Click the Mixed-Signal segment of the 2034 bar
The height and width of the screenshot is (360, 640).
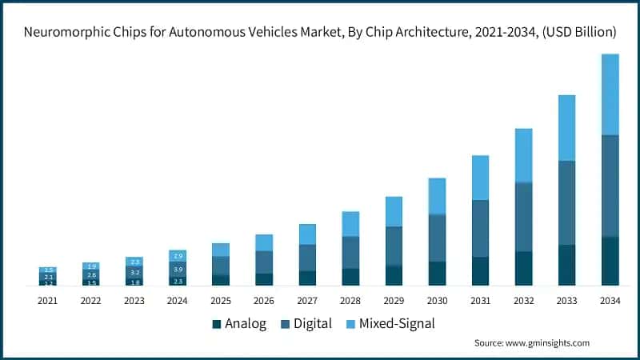coord(610,94)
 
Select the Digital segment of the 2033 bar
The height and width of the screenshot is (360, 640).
coord(566,202)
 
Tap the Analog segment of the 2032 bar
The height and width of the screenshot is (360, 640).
coord(523,268)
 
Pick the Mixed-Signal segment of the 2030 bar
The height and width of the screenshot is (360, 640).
coord(437,196)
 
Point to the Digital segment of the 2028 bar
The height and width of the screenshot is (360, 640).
coord(350,252)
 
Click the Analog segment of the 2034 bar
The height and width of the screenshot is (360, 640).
coord(610,261)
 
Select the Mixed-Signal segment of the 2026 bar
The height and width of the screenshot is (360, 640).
coord(264,242)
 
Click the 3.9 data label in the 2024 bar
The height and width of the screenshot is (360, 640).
coord(178,270)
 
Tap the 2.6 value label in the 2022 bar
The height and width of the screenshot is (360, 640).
coord(91,274)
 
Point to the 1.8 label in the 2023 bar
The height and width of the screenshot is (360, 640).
coord(134,282)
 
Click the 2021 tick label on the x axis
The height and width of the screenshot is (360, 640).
coord(48,300)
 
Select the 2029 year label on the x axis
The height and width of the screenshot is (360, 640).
coord(394,300)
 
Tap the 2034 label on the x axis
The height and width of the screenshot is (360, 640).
coord(610,300)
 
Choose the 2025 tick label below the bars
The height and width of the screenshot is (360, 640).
coord(221,300)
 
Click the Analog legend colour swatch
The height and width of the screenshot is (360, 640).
coord(216,324)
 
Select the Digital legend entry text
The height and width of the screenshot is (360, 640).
coord(313,324)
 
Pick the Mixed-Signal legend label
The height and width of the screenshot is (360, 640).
coord(397,324)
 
